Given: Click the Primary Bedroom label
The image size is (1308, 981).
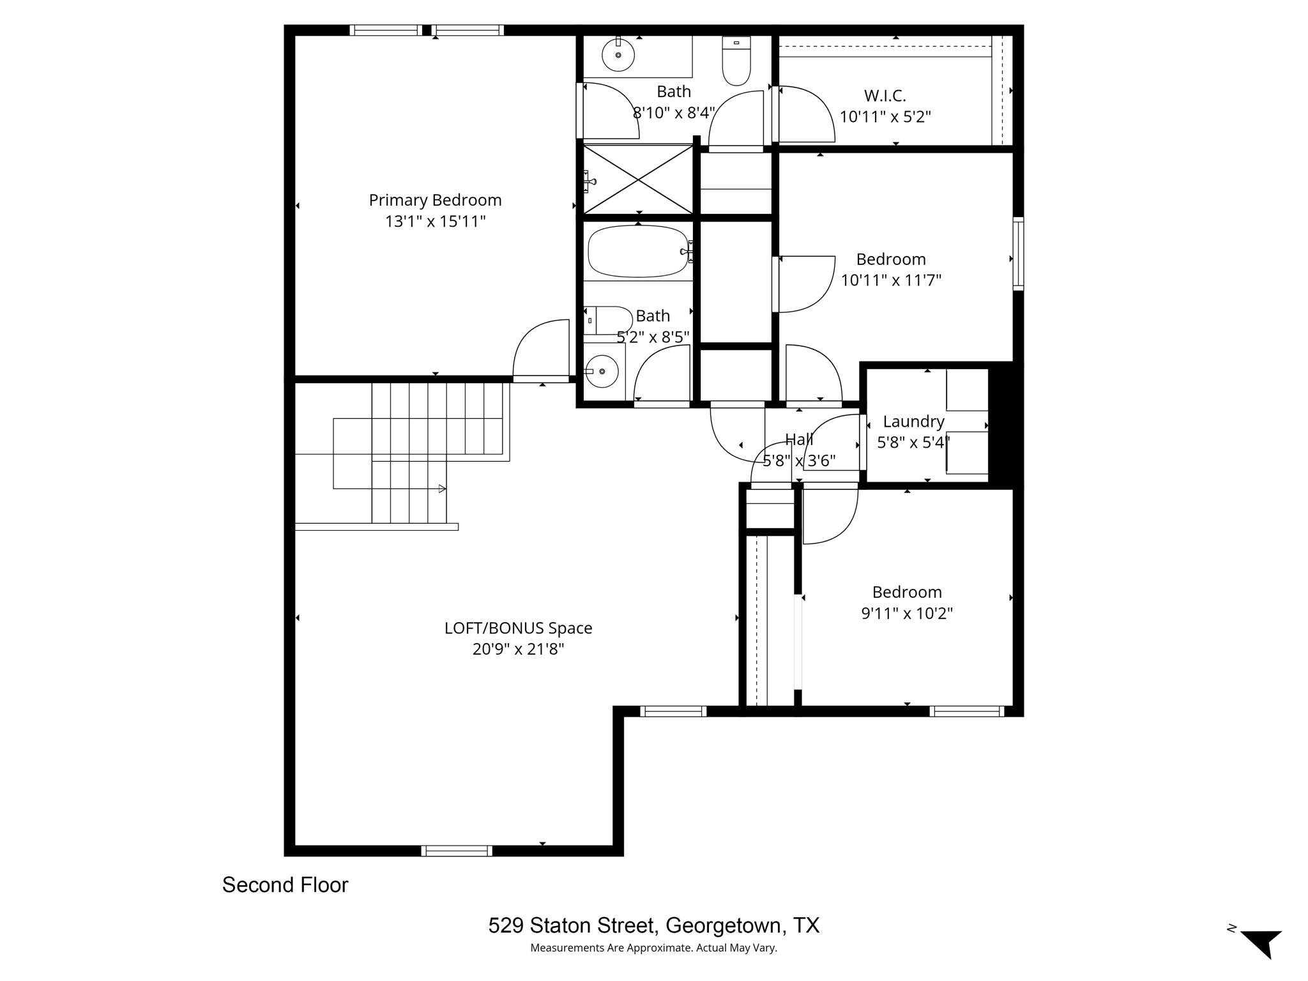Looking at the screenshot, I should [x=435, y=201].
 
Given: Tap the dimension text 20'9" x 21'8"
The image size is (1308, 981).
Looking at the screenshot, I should [x=518, y=650].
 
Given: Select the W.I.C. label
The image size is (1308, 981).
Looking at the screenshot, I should [x=885, y=96].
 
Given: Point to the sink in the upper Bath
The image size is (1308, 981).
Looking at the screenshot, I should [x=618, y=55].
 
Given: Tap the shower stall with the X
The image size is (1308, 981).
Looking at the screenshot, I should [x=638, y=179].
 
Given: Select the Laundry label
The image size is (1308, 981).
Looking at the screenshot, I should [x=913, y=422].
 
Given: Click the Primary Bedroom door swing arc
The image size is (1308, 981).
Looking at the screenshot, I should [x=540, y=348].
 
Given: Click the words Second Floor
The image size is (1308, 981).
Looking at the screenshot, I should [x=285, y=885].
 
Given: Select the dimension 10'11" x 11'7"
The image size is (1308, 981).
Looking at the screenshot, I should [x=891, y=280].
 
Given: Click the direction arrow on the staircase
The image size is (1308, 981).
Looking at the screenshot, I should [x=442, y=489].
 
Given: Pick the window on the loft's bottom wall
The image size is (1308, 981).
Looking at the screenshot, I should [x=456, y=851].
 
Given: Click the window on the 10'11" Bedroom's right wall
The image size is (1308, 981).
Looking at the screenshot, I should [x=1018, y=254].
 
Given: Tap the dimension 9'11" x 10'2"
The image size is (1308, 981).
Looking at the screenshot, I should [x=907, y=614].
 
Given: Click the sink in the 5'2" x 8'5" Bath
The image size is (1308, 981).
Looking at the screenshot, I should [x=602, y=371].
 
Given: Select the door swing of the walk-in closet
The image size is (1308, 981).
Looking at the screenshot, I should [x=806, y=115].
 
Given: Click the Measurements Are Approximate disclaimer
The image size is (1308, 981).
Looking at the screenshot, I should [x=653, y=948].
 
